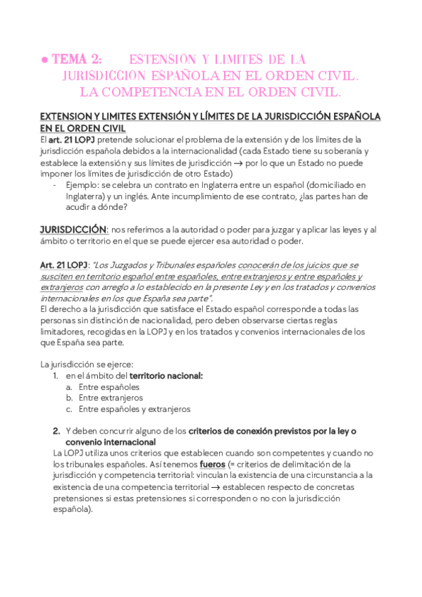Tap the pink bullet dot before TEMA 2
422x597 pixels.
point(44,61)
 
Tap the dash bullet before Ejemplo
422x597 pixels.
point(55,185)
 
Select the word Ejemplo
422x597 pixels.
point(81,185)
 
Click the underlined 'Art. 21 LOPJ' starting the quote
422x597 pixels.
point(63,265)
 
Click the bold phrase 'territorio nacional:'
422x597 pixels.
point(166,376)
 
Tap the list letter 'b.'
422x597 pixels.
point(70,398)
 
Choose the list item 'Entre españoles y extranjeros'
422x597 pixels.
point(135,409)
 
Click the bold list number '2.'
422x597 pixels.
point(56,430)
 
